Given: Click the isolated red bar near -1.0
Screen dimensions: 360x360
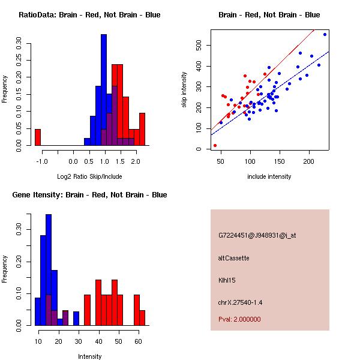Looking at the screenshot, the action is (38, 137).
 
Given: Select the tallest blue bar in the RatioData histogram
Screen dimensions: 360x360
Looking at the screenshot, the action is (104, 90).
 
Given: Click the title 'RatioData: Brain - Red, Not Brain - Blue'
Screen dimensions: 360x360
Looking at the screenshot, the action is (89, 15).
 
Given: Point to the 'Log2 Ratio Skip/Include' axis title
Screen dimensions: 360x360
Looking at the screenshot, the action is (89, 176).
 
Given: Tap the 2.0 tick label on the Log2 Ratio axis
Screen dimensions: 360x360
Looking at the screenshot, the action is (136, 161).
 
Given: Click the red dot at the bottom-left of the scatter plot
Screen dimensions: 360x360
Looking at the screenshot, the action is (215, 145).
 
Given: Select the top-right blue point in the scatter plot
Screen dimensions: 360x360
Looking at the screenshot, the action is (325, 34).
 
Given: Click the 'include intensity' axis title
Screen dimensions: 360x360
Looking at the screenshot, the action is (269, 176).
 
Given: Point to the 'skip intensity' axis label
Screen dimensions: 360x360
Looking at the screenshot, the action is (184, 89).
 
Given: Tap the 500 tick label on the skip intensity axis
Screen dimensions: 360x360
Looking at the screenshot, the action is (199, 45).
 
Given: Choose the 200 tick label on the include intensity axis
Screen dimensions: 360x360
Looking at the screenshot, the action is (308, 161).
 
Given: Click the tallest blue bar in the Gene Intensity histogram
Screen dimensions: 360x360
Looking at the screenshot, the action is (49, 270).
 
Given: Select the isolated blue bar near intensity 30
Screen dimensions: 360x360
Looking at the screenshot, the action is (76, 319).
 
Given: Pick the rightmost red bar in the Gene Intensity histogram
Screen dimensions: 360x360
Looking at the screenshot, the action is (142, 318).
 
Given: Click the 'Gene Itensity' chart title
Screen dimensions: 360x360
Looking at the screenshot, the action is (89, 195).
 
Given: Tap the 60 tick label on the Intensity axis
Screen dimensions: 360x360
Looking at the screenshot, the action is (138, 341).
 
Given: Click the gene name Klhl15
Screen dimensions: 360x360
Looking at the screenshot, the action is (227, 280).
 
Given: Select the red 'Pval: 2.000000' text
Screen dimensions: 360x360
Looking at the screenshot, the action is (239, 319).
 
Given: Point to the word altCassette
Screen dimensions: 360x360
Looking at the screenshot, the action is (234, 258).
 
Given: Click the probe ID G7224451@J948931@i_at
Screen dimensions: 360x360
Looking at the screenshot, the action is (257, 236).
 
